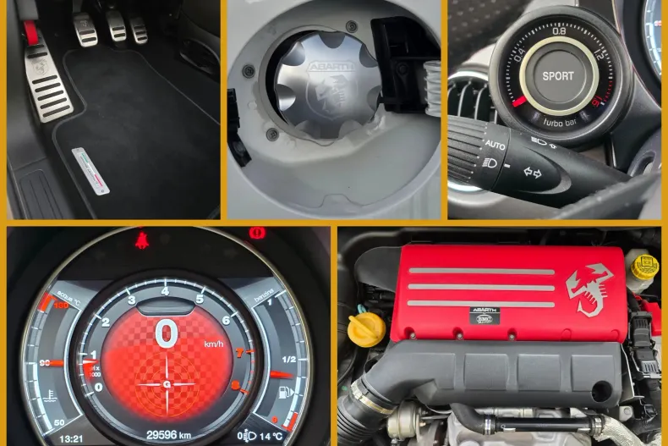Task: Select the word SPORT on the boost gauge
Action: (558, 75)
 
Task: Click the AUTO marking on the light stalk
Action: (495, 146)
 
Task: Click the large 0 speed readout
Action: (166, 335)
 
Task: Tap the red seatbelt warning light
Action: (140, 240)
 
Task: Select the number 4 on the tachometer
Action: (165, 291)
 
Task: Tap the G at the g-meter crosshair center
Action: (166, 383)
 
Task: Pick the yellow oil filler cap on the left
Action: (365, 326)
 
